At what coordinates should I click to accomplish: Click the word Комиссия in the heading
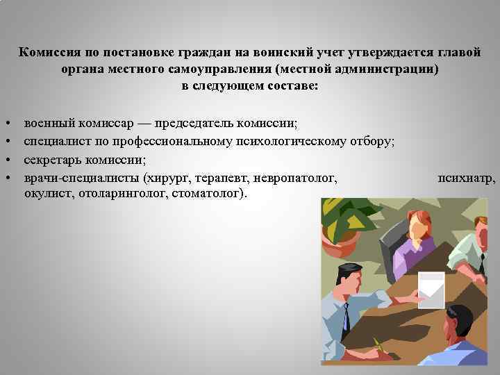pyautogui.click(x=47, y=53)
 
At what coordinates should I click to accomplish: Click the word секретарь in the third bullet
pyautogui.click(x=52, y=160)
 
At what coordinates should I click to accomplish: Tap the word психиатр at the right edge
pyautogui.click(x=467, y=178)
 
